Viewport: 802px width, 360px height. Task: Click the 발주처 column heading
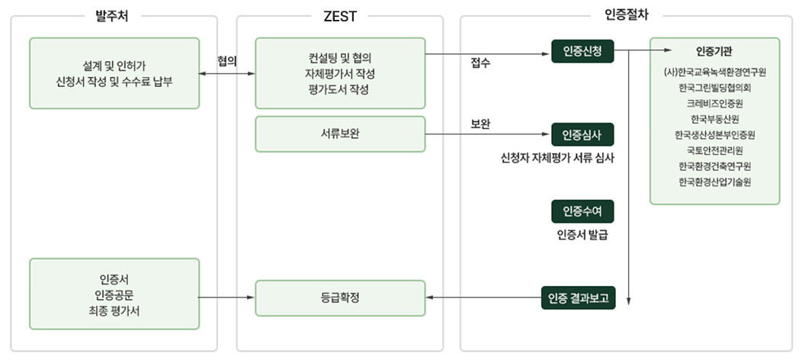pos(114,14)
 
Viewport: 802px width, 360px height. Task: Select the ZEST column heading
pos(340,14)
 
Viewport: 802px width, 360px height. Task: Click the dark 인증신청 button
pos(582,53)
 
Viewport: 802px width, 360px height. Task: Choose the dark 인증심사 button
pos(582,134)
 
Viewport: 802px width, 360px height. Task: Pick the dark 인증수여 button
pos(582,211)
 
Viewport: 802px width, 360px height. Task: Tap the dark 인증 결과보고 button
pos(579,297)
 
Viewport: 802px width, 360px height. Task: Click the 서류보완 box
pos(340,134)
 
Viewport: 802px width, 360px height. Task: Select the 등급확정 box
pos(340,297)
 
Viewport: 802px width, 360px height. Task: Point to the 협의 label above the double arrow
pos(226,60)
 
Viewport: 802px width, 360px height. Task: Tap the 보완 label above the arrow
pos(480,124)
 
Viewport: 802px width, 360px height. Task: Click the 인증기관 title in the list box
pos(714,52)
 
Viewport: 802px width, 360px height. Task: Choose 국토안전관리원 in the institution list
pos(714,150)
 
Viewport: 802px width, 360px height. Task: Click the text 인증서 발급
pos(582,234)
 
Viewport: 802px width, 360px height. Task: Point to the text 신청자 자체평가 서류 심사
pos(557,159)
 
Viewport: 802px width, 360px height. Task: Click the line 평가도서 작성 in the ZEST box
pos(340,90)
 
